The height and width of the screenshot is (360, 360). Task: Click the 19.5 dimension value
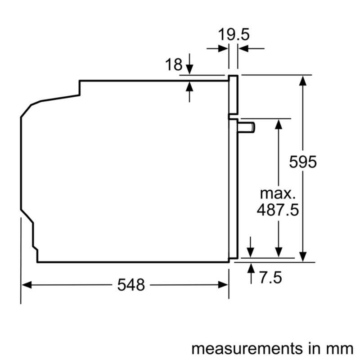point(234,35)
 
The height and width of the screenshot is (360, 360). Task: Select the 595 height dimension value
point(303,161)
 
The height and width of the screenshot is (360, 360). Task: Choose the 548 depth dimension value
point(131,284)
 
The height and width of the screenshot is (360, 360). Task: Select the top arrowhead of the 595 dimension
point(304,80)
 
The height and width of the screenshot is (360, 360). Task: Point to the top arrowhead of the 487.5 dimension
point(279,124)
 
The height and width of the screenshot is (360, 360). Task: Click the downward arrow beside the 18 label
point(189,69)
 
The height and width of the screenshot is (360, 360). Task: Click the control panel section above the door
point(233,94)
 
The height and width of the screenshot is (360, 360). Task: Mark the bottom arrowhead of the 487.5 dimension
point(279,254)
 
